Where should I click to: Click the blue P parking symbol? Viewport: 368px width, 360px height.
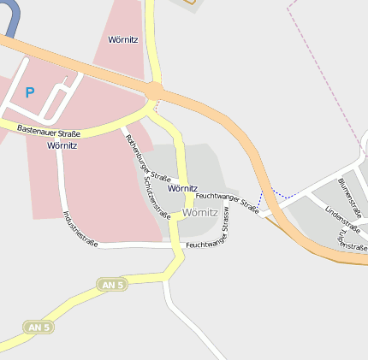click(30, 92)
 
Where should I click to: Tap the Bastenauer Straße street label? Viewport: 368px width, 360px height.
click(49, 133)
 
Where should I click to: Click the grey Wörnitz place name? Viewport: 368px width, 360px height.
click(201, 212)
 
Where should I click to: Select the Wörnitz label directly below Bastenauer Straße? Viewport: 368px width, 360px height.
click(62, 145)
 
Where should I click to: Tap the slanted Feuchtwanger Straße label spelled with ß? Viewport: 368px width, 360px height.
click(228, 204)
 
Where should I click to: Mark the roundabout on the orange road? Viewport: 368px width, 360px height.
click(155, 90)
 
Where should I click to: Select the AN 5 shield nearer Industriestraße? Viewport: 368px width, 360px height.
click(111, 284)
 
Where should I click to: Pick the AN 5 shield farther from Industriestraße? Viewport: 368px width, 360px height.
click(38, 328)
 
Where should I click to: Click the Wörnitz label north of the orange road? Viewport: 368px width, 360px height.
click(124, 40)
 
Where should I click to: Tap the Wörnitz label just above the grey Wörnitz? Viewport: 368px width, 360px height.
click(183, 188)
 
